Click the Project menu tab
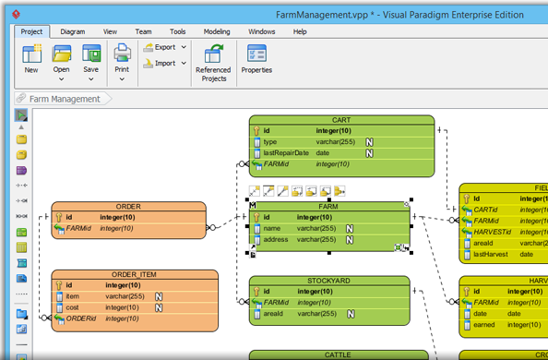(x=31, y=31)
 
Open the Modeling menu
(x=217, y=31)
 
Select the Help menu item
(x=300, y=31)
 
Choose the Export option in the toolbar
(x=164, y=47)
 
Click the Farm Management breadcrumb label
(x=65, y=99)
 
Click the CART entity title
(x=341, y=120)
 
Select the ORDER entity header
(x=128, y=207)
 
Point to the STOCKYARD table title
(x=328, y=281)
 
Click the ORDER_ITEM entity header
(x=135, y=275)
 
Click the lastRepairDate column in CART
(x=286, y=153)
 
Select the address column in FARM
(x=277, y=240)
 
